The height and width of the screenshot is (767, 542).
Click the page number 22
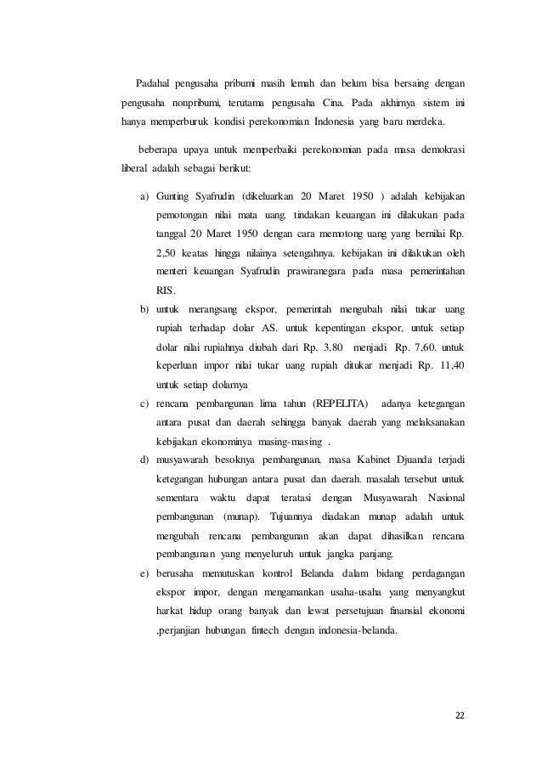tap(460, 713)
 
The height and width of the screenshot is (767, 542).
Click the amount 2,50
tap(170, 253)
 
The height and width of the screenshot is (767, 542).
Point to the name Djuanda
tap(415, 460)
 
